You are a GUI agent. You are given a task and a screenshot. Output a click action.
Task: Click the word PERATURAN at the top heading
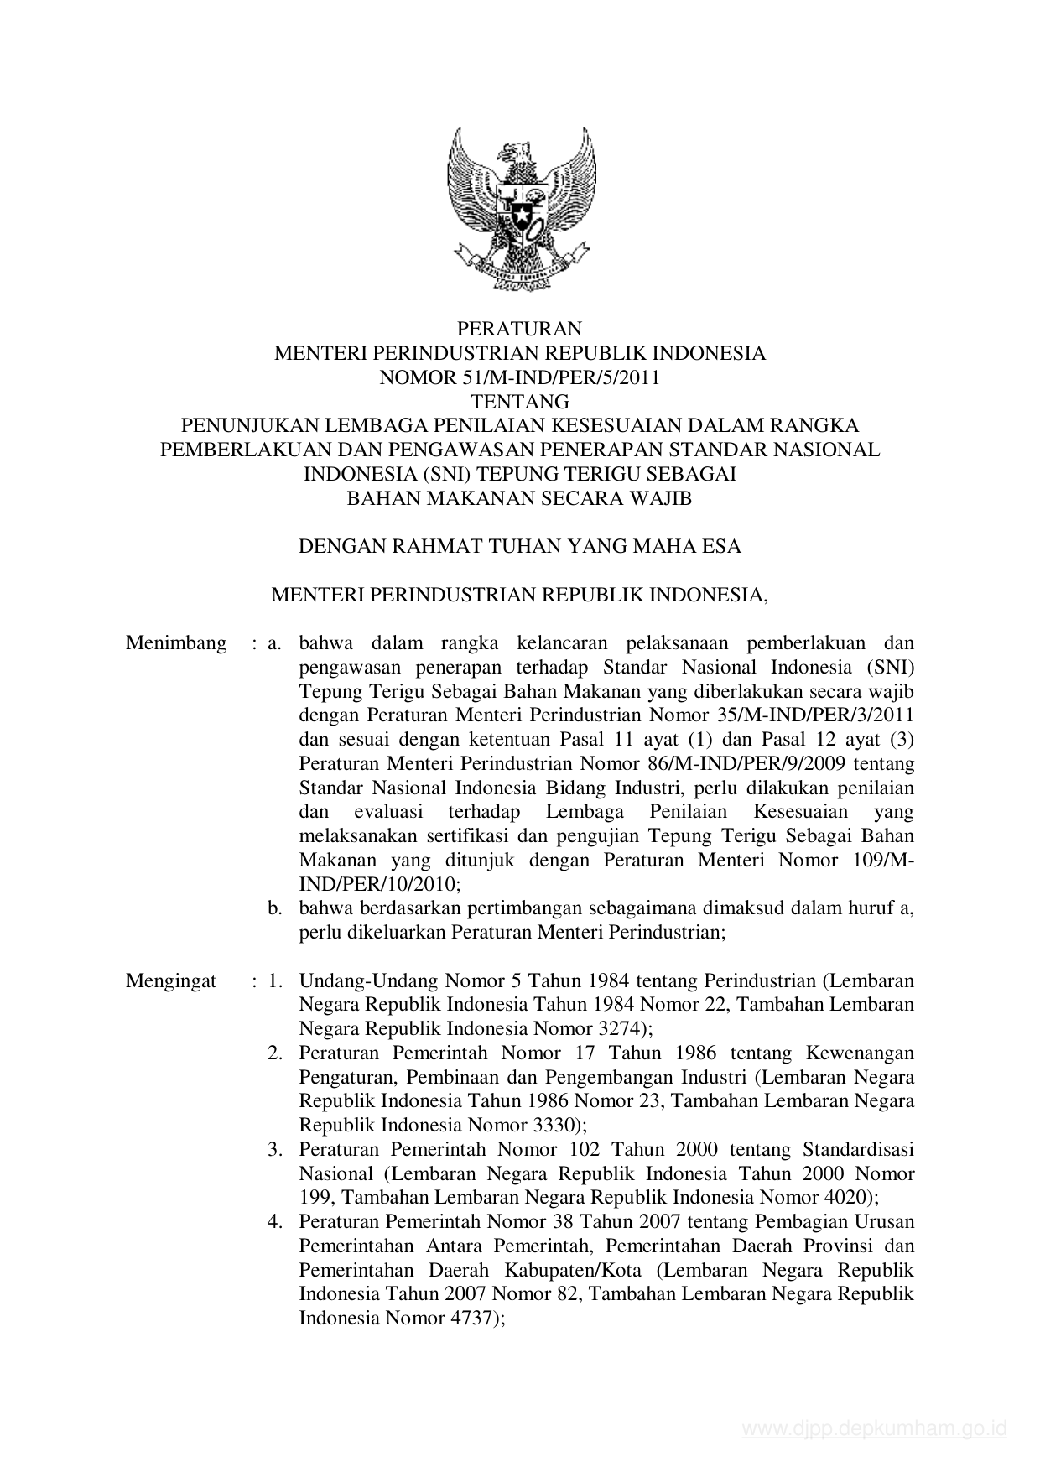(520, 328)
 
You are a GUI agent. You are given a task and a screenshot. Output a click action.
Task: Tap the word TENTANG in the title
(520, 402)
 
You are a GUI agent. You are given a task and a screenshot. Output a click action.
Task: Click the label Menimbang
(176, 643)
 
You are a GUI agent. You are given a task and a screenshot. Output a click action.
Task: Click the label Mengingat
(171, 980)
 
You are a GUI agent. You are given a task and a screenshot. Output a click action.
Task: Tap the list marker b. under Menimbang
(274, 908)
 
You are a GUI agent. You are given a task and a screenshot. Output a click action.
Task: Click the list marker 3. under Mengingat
(274, 1149)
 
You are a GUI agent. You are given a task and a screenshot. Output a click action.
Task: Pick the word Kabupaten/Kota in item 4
(564, 1270)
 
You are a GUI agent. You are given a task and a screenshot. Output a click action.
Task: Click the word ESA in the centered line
(721, 547)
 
